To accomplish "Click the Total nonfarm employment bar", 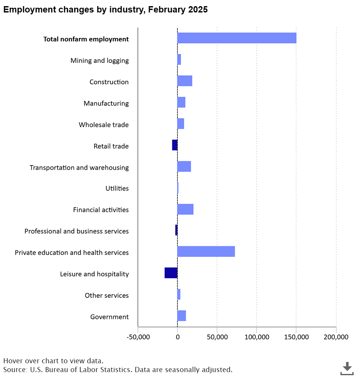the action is pyautogui.click(x=237, y=38).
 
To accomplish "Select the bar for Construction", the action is pyautogui.click(x=185, y=81).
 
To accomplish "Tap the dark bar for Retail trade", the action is pyautogui.click(x=175, y=145).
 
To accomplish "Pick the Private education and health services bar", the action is pyautogui.click(x=206, y=251).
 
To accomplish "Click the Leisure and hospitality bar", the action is pyautogui.click(x=171, y=273).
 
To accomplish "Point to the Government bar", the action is pyautogui.click(x=182, y=316).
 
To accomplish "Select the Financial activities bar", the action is pyautogui.click(x=185, y=209).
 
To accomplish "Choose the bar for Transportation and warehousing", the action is pyautogui.click(x=184, y=166).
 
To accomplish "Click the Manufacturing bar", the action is pyautogui.click(x=182, y=102).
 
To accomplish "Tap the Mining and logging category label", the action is pyautogui.click(x=100, y=61).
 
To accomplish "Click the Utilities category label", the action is pyautogui.click(x=117, y=188).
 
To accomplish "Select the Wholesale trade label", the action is pyautogui.click(x=104, y=125).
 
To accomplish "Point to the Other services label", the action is pyautogui.click(x=107, y=295).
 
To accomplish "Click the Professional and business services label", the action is pyautogui.click(x=77, y=231).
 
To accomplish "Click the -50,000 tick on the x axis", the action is pyautogui.click(x=138, y=337).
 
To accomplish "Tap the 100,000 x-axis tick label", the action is pyautogui.click(x=257, y=337).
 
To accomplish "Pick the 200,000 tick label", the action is pyautogui.click(x=336, y=337).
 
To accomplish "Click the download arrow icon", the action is pyautogui.click(x=347, y=368).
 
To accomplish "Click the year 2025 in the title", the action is pyautogui.click(x=198, y=10).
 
